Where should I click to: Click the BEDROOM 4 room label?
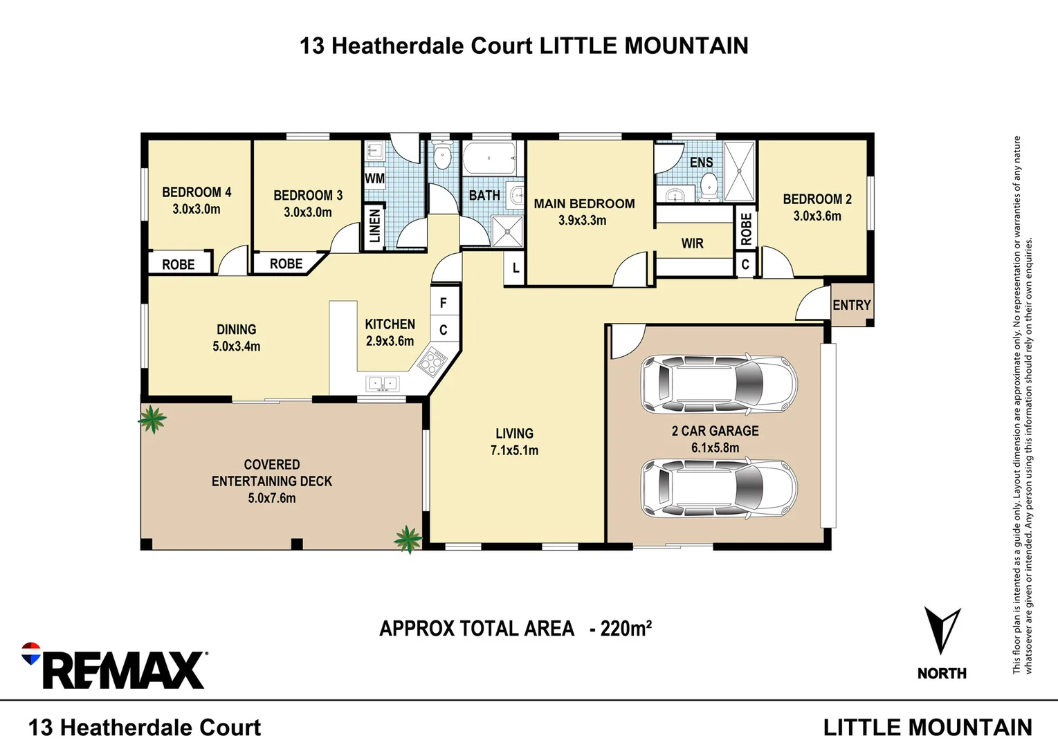(197, 192)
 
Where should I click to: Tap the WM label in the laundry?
(374, 178)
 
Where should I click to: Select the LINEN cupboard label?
(374, 226)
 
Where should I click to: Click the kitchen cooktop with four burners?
(432, 362)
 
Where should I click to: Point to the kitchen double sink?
(382, 383)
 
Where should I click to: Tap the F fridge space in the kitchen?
(443, 303)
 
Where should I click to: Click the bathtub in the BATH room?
(489, 158)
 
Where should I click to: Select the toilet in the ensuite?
(709, 185)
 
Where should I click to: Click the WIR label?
(693, 243)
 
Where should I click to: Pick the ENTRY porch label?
(852, 305)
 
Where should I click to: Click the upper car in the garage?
(719, 385)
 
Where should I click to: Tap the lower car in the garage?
(719, 488)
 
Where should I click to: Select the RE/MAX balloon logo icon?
(31, 653)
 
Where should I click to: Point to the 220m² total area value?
(626, 628)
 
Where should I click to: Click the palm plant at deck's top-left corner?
(152, 418)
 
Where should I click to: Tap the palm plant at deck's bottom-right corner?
(408, 539)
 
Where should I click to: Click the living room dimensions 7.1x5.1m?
(514, 450)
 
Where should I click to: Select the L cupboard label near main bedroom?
(516, 268)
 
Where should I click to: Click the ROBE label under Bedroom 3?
(286, 264)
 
